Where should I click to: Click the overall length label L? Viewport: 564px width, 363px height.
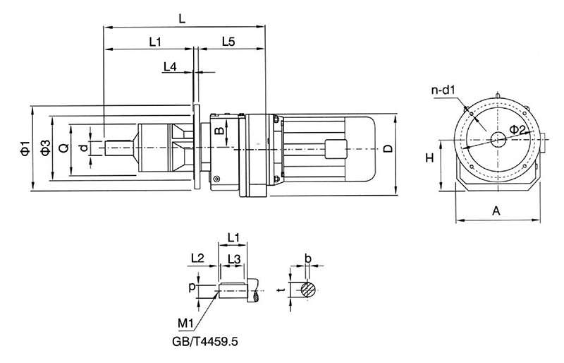tap(183, 20)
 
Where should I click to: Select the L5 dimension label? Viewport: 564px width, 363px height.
tap(228, 42)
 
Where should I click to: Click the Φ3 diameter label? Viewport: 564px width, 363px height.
tap(44, 148)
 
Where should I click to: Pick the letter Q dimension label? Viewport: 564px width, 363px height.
tap(63, 148)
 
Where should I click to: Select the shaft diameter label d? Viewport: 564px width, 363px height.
tap(84, 148)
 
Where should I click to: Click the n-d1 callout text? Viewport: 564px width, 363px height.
tap(445, 90)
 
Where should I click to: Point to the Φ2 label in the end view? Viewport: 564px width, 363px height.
tap(516, 129)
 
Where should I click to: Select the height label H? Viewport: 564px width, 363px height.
tap(428, 160)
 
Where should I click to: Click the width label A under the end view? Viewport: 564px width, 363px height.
tap(496, 210)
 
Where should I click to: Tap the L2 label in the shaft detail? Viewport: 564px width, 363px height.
tap(198, 258)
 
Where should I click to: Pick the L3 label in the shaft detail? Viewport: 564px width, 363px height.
tap(235, 259)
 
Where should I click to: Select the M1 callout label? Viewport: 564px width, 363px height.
tap(186, 323)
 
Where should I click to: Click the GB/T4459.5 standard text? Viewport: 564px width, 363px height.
tap(205, 340)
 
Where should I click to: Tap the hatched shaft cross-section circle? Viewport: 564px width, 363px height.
tap(307, 289)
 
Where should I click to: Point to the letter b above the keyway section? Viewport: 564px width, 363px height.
tap(307, 257)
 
